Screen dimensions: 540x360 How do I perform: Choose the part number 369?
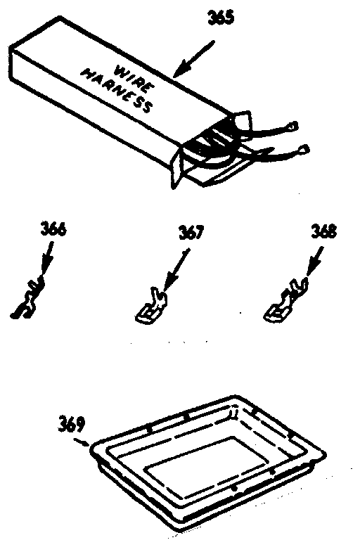click(71, 424)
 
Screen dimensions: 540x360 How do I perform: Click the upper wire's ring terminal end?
click(292, 127)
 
